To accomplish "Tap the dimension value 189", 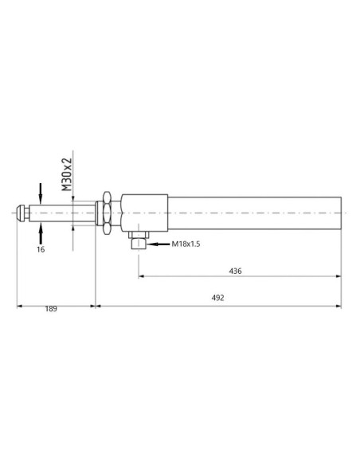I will click(52, 308).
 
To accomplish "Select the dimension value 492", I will click(218, 298).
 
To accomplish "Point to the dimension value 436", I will click(235, 271).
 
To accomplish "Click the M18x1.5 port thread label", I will click(185, 244).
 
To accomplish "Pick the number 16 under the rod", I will click(41, 249).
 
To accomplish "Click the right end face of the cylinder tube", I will click(341, 213).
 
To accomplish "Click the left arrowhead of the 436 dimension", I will click(143, 277).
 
